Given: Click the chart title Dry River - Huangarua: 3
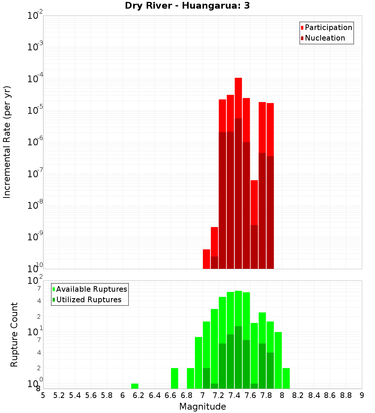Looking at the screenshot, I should click(x=187, y=6).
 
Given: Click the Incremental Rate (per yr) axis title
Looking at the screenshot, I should click(x=7, y=142).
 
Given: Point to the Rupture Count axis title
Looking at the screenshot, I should click(x=14, y=335).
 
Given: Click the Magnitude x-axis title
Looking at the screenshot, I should click(x=202, y=407).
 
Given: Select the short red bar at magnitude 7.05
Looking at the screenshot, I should click(x=206, y=259).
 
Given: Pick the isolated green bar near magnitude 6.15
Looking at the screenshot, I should click(x=135, y=386).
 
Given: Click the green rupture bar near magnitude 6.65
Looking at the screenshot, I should click(x=174, y=378).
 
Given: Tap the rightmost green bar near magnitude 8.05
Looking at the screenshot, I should click(x=286, y=378).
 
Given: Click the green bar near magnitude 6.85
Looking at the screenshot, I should click(x=190, y=378).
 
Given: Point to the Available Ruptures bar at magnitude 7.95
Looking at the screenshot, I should click(x=278, y=360).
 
